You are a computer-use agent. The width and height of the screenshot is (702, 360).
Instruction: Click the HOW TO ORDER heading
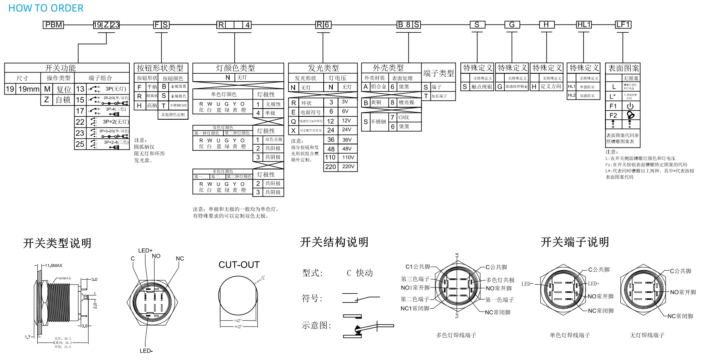coord(46,8)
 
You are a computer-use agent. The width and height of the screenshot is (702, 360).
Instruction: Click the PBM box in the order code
coord(54,25)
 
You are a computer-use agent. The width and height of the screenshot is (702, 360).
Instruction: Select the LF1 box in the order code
coord(623,25)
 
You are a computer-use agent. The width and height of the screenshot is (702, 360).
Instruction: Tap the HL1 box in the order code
coord(584,25)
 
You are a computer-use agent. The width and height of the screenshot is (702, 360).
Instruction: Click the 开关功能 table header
coord(61,68)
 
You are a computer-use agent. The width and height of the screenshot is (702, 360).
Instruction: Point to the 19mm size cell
coord(29,89)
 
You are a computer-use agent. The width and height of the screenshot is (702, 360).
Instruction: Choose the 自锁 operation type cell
coord(63,100)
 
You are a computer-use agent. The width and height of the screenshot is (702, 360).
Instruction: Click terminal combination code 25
coord(80,144)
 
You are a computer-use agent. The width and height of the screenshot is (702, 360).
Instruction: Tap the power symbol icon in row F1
coord(630,106)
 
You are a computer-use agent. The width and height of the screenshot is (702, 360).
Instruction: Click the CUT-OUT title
coord(239,265)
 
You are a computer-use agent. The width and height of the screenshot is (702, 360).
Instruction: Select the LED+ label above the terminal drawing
coord(145,251)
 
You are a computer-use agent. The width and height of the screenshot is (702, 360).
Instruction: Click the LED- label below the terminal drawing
coord(146,351)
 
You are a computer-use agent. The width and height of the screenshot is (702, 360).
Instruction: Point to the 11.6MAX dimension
coord(54,266)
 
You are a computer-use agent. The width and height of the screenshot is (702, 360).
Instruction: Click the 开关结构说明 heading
coord(334,242)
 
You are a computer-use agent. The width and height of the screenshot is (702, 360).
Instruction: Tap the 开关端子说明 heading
coord(575,242)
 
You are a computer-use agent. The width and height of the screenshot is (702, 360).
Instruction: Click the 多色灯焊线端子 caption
coord(456,335)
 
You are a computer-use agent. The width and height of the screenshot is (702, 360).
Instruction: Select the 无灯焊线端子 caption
coord(647,335)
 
